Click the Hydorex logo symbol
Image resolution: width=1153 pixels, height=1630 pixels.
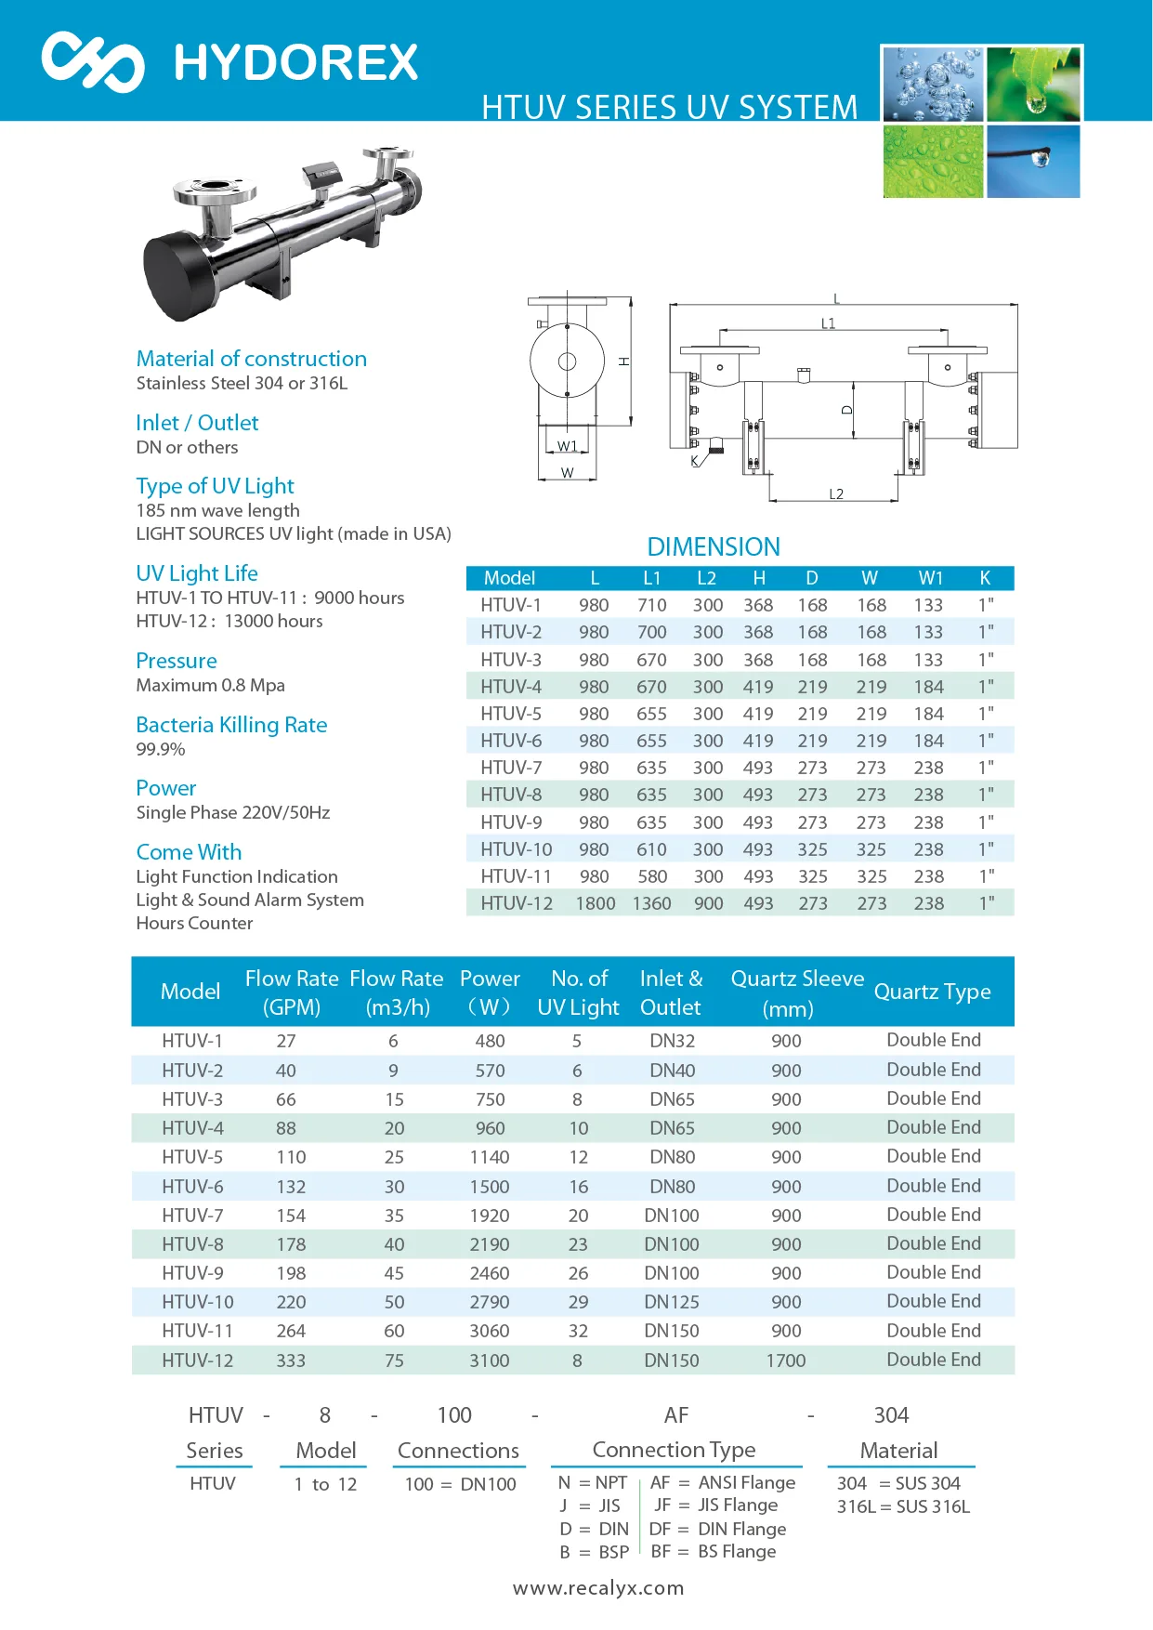[x=93, y=61]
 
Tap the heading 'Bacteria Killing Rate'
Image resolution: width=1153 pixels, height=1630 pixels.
[x=231, y=725]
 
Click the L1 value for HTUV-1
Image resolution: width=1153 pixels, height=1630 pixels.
[x=651, y=605]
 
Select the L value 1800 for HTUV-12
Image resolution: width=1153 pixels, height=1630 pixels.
[x=595, y=903]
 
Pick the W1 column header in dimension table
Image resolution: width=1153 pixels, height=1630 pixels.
[x=930, y=578]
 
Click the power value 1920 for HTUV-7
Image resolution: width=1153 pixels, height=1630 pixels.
[x=490, y=1216]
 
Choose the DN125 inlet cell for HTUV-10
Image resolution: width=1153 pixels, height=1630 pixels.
[x=672, y=1302]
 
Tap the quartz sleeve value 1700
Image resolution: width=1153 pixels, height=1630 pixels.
[x=786, y=1361]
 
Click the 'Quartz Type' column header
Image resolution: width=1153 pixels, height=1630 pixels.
[x=932, y=992]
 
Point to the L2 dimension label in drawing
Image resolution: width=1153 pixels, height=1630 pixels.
[x=836, y=494]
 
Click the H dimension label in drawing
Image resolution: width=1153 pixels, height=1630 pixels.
[x=624, y=361]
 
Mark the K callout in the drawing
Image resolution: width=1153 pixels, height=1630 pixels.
[x=695, y=461]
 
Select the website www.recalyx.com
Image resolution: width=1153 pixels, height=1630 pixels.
[x=598, y=1588]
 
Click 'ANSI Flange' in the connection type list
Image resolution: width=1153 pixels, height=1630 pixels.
[x=746, y=1482]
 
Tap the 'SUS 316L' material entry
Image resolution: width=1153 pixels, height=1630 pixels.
[x=932, y=1506]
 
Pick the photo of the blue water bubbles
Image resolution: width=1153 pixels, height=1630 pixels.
[x=932, y=85]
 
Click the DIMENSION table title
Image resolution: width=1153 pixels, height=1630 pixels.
[x=714, y=546]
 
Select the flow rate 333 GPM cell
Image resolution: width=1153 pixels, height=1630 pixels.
[x=291, y=1361]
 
